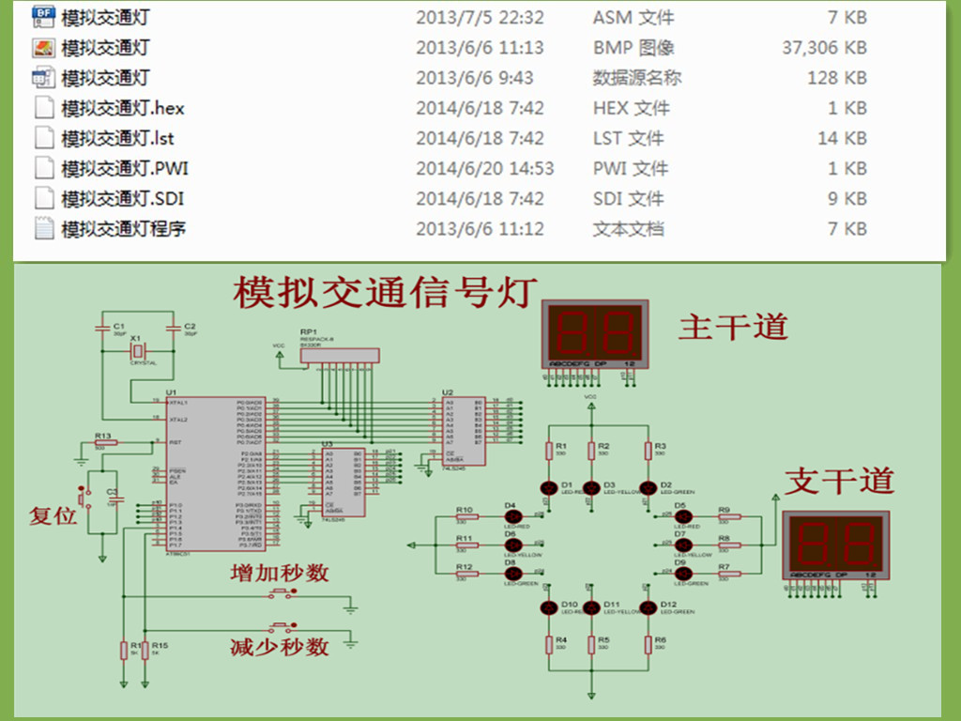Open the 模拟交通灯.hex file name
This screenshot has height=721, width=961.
pyautogui.click(x=123, y=108)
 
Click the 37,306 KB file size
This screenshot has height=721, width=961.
pyautogui.click(x=824, y=48)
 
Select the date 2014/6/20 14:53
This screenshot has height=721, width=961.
pyautogui.click(x=484, y=168)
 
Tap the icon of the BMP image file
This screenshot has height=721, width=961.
pyautogui.click(x=43, y=48)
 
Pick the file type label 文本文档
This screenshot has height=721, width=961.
pyautogui.click(x=628, y=228)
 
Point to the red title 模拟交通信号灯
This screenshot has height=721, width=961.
pyautogui.click(x=386, y=292)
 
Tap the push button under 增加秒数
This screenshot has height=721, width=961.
pyautogui.click(x=281, y=592)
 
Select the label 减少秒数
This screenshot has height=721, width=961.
pyautogui.click(x=279, y=646)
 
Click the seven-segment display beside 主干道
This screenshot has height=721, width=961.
pyautogui.click(x=595, y=335)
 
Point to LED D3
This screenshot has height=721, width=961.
pyautogui.click(x=591, y=487)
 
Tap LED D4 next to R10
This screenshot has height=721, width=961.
pyautogui.click(x=512, y=516)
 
